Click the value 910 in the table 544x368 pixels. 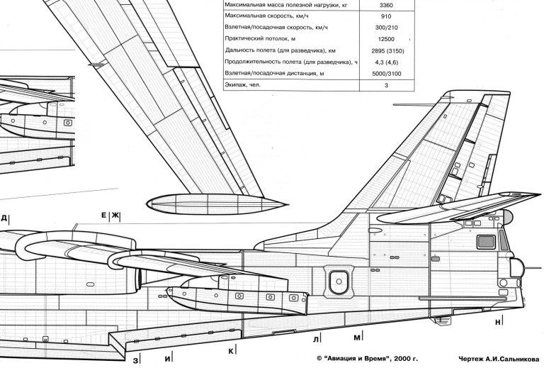pyautogui.click(x=386, y=16)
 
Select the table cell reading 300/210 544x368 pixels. pyautogui.click(x=386, y=28)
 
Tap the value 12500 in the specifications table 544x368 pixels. pyautogui.click(x=386, y=39)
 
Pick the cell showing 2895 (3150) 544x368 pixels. pyautogui.click(x=387, y=51)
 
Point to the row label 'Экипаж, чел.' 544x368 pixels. pyautogui.click(x=242, y=84)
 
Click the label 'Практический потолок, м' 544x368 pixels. pyautogui.click(x=260, y=39)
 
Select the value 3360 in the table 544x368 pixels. pyautogui.click(x=386, y=5)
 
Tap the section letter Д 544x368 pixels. pyautogui.click(x=4, y=218)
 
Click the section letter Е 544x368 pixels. pyautogui.click(x=103, y=216)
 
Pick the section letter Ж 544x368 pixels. pyautogui.click(x=115, y=216)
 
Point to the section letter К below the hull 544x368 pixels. pyautogui.click(x=231, y=351)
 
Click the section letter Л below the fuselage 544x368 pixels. pyautogui.click(x=315, y=339)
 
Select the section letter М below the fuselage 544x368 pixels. pyautogui.click(x=357, y=338)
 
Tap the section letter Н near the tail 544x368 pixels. pyautogui.click(x=498, y=322)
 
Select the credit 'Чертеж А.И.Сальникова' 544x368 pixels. pyautogui.click(x=499, y=359)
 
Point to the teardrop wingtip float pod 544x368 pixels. pyautogui.click(x=217, y=203)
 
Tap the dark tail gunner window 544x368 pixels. pyautogui.click(x=486, y=242)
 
